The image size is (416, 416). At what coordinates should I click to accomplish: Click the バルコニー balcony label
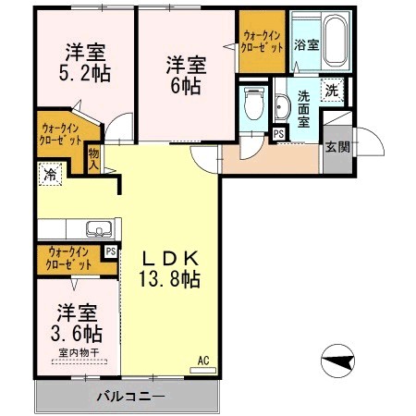[x=129, y=397]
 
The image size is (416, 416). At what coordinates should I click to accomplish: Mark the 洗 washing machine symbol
[x=331, y=91]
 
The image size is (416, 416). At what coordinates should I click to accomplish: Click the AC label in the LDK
[x=202, y=361]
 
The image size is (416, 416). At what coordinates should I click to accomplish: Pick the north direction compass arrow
[x=340, y=358]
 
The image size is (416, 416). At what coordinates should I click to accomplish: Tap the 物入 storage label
[x=93, y=159]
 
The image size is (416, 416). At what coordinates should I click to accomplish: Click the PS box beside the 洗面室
[x=279, y=135]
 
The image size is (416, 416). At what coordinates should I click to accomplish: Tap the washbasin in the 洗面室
[x=282, y=109]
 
